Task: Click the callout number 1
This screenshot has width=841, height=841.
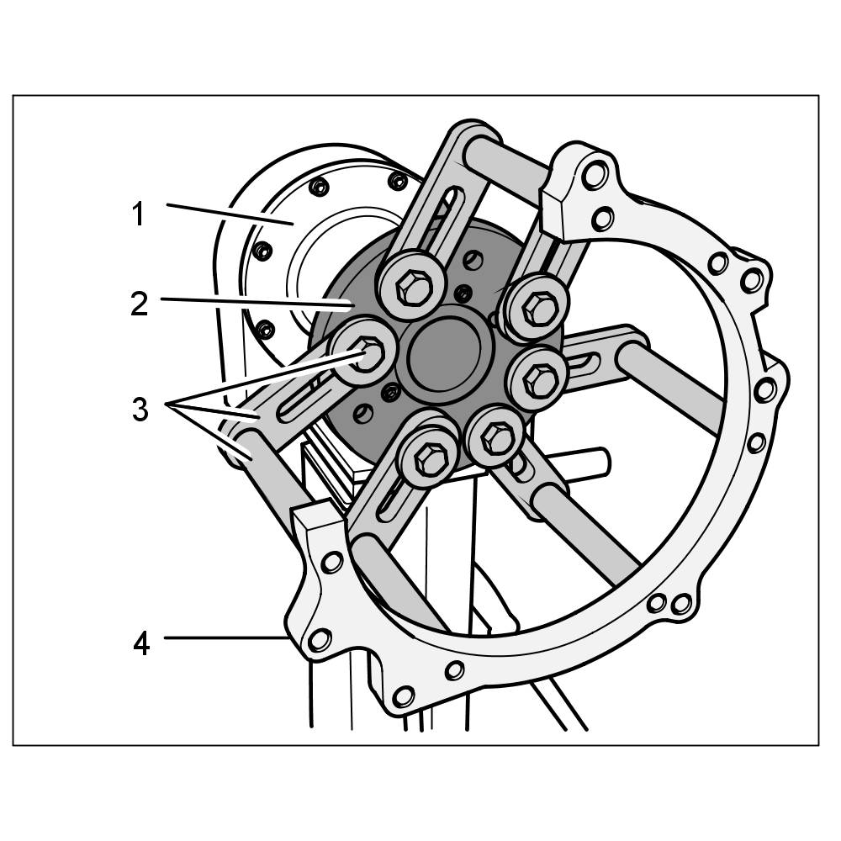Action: click(139, 214)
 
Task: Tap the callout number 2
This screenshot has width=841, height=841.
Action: click(140, 303)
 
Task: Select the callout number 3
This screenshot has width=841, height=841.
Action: click(140, 409)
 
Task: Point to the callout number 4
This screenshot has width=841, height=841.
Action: click(141, 643)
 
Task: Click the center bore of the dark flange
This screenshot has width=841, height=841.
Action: click(443, 355)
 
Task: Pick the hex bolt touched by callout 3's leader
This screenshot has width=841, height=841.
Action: click(366, 352)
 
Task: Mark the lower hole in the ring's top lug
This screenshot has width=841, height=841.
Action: click(603, 219)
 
